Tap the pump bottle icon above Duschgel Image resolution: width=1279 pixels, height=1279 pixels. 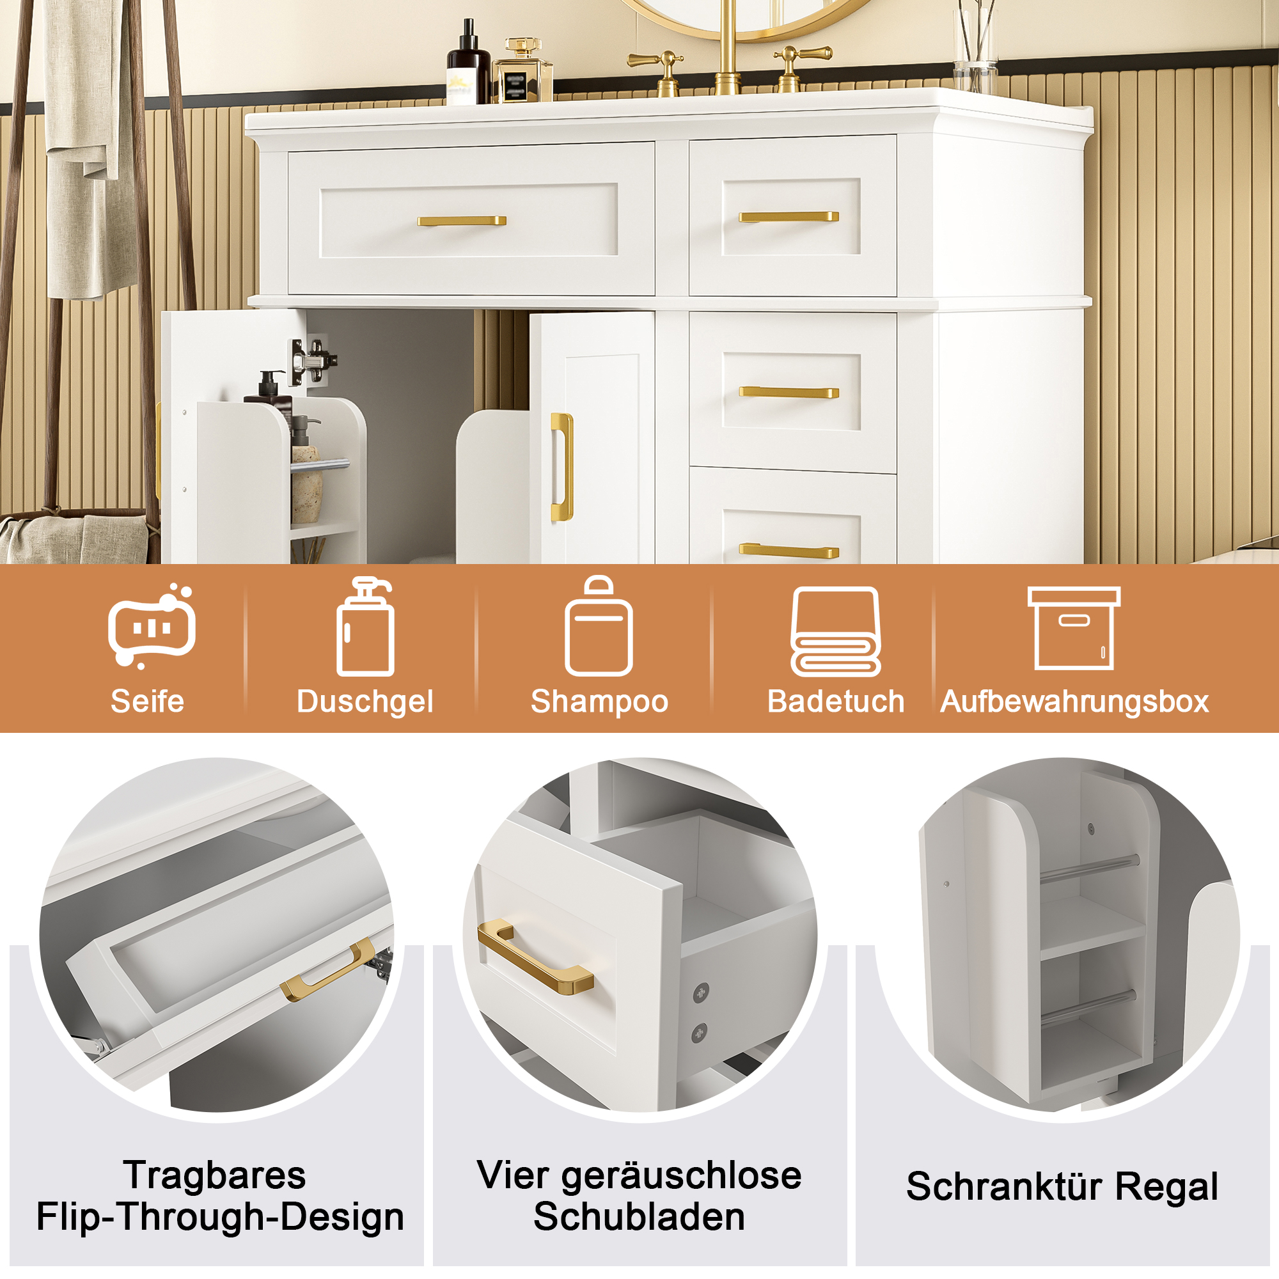(365, 626)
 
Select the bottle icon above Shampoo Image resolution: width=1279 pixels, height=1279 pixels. (599, 625)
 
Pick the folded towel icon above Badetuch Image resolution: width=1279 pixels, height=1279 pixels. (835, 632)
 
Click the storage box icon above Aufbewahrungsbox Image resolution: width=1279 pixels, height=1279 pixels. (1074, 628)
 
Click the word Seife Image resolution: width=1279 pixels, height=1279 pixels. (147, 702)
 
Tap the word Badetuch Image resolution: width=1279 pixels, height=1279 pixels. (835, 702)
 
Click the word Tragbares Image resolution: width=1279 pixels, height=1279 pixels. (214, 1176)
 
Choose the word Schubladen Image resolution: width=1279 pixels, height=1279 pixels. (639, 1217)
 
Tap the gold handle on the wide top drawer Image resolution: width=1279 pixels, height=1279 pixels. (462, 221)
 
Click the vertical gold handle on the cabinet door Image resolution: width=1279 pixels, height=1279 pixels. (561, 467)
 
